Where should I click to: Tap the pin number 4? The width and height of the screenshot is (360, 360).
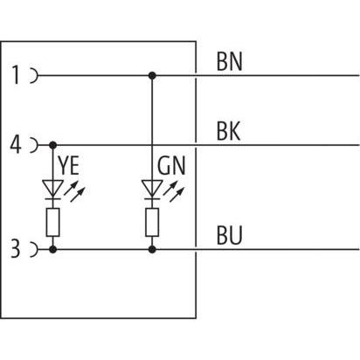pyautogui.click(x=17, y=143)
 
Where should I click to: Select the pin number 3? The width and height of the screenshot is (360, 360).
pyautogui.click(x=17, y=251)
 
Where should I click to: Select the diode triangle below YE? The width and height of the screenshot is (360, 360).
pyautogui.click(x=53, y=188)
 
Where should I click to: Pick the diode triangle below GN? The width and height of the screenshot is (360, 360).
pyautogui.click(x=152, y=188)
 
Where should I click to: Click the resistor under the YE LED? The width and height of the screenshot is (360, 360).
pyautogui.click(x=53, y=223)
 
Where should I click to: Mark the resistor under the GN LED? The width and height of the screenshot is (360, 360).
pyautogui.click(x=152, y=223)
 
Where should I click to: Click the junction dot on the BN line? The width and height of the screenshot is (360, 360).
pyautogui.click(x=152, y=76)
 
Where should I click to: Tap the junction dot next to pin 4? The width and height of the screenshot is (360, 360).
pyautogui.click(x=53, y=143)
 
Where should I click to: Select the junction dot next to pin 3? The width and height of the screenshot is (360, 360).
pyautogui.click(x=53, y=250)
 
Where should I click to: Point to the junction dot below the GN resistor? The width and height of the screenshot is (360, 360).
pyautogui.click(x=152, y=250)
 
